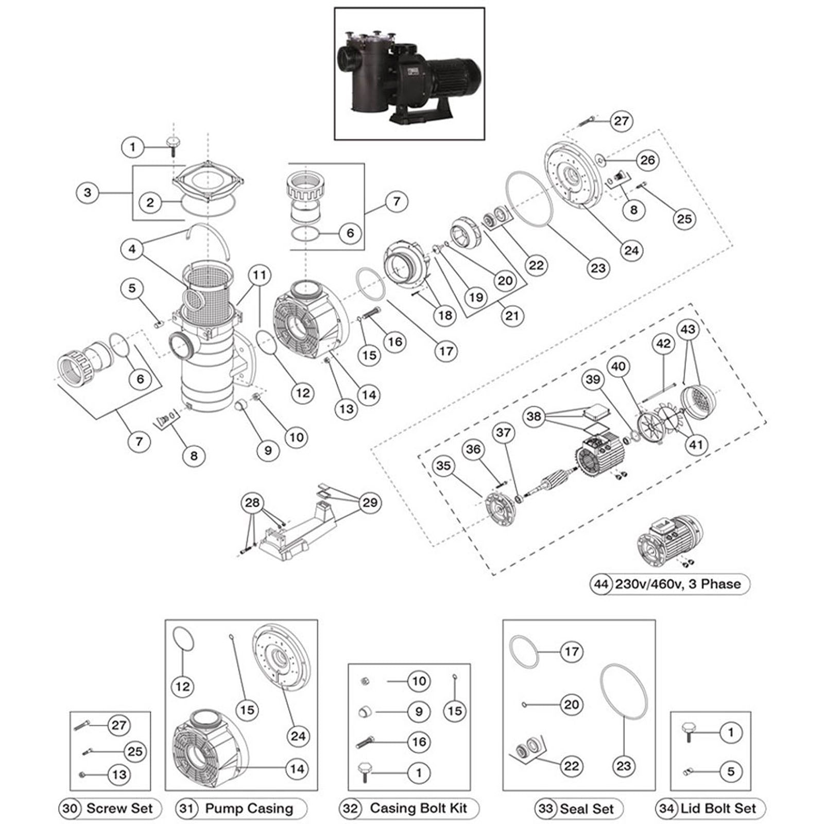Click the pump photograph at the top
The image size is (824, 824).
(409, 74)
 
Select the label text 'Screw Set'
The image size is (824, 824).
(119, 808)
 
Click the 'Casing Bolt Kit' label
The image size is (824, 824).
(418, 808)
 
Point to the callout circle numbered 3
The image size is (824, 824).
(88, 193)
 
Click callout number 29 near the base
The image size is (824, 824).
(370, 502)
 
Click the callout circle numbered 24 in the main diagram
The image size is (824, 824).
(631, 250)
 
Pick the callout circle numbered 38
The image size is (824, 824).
(534, 416)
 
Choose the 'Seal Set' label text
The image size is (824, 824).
(587, 809)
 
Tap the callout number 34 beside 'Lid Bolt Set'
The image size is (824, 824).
(666, 808)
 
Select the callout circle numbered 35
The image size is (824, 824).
(443, 466)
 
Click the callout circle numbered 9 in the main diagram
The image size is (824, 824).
(268, 450)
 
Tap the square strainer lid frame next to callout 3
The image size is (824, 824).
(209, 180)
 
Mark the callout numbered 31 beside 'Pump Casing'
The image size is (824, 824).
(186, 808)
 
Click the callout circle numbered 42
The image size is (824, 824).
(663, 343)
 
